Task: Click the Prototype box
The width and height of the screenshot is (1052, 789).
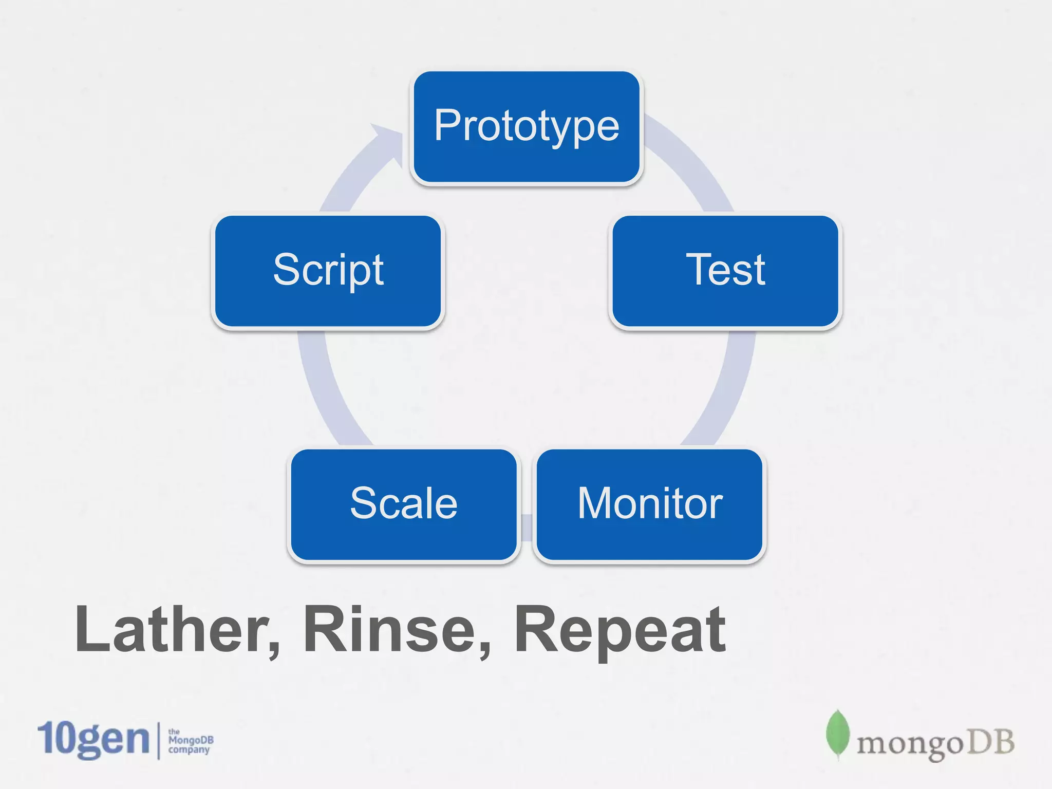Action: [x=527, y=127]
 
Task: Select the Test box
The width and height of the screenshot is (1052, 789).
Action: [x=725, y=271]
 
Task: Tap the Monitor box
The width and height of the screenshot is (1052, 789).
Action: [x=650, y=504]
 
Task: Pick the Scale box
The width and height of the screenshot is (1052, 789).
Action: [x=404, y=504]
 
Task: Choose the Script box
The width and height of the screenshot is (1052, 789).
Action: [x=328, y=271]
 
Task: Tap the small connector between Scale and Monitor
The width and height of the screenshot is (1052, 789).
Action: [x=527, y=528]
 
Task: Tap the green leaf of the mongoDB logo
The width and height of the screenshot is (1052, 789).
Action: [x=837, y=734]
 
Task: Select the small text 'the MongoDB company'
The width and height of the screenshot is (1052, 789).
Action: [x=190, y=741]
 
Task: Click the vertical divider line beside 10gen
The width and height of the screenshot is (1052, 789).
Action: [x=158, y=740]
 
